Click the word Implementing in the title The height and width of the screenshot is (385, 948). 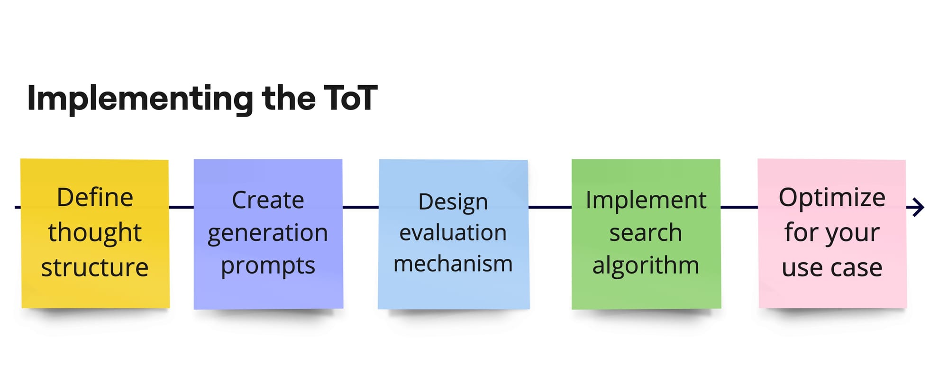click(x=140, y=99)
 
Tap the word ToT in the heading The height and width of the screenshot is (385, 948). click(x=351, y=98)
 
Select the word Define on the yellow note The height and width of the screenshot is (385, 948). click(x=95, y=197)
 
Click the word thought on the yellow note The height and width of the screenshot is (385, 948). click(x=95, y=232)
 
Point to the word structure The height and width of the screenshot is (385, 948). click(x=95, y=267)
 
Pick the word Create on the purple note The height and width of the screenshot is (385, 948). click(x=268, y=200)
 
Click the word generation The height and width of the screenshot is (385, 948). click(x=268, y=233)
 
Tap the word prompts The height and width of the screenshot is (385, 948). click(x=268, y=266)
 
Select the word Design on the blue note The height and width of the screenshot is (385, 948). click(x=453, y=203)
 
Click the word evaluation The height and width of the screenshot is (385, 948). click(x=453, y=233)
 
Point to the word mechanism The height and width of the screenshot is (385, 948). click(x=453, y=264)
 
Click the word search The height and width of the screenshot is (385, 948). click(x=646, y=233)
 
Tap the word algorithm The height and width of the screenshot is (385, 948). click(x=646, y=266)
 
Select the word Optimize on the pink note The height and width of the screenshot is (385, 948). click(x=832, y=198)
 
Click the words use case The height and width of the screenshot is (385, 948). click(x=832, y=268)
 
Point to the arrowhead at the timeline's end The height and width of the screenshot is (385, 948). click(x=919, y=207)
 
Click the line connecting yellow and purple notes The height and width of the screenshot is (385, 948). click(x=181, y=207)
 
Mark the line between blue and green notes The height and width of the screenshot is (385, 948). click(x=550, y=207)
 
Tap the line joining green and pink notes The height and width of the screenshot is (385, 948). click(x=739, y=207)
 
